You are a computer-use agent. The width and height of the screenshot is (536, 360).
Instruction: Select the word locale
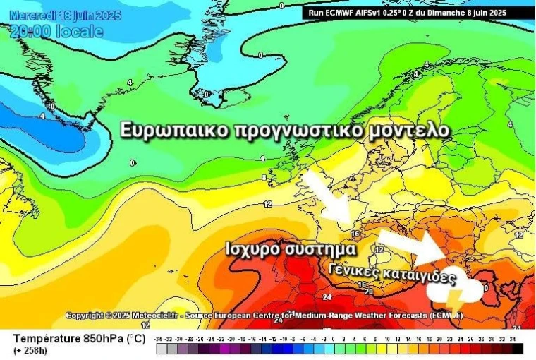point(80,31)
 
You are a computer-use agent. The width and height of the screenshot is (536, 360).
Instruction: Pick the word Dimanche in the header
point(448,12)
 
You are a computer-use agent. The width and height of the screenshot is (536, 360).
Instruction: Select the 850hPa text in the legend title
point(99,339)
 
